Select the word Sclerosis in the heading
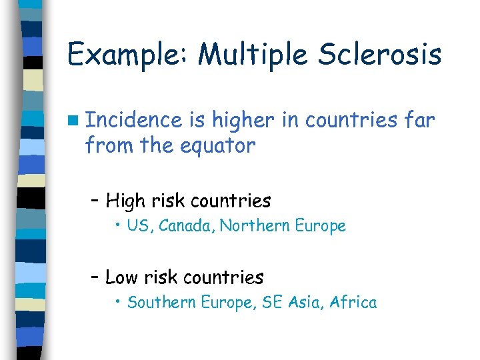pyautogui.click(x=381, y=53)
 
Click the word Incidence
pyautogui.click(x=134, y=120)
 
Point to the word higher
pyautogui.click(x=251, y=121)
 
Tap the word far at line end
pyautogui.click(x=421, y=120)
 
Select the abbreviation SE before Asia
pyautogui.click(x=273, y=303)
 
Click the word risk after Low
pyautogui.click(x=165, y=277)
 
